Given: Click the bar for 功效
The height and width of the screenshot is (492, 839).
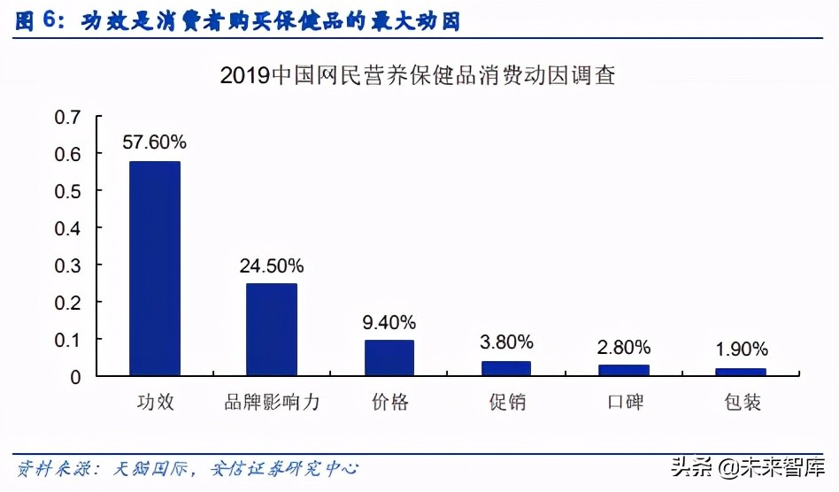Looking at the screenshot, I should (x=155, y=268).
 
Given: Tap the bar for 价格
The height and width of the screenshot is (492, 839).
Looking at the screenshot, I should (x=389, y=357).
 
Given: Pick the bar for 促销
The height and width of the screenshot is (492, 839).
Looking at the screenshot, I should (x=506, y=368).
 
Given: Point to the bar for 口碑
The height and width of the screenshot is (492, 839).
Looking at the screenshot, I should (x=624, y=370).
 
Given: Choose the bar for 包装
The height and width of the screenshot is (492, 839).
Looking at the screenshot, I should (x=741, y=372).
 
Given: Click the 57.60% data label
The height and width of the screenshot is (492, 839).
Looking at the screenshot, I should (x=155, y=142).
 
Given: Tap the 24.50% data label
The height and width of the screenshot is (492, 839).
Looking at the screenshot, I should (x=272, y=265).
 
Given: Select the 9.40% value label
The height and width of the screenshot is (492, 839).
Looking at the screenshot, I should (x=389, y=321).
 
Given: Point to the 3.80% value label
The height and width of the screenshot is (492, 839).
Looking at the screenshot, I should (x=506, y=342).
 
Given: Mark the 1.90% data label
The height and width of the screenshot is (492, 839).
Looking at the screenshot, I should (x=741, y=350).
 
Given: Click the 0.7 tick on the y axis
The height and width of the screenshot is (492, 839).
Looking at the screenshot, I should (x=67, y=118).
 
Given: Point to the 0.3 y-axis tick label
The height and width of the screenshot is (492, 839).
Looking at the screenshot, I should (x=67, y=265).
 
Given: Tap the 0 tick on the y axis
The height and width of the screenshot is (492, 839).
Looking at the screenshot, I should (x=75, y=377).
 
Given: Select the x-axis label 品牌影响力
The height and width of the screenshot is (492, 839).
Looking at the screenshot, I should (x=272, y=404).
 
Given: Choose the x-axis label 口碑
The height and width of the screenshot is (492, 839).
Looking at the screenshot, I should (x=624, y=404).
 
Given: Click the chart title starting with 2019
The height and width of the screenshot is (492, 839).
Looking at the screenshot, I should (x=418, y=75).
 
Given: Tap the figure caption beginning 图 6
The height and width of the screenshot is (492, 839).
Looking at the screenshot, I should (x=239, y=20).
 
